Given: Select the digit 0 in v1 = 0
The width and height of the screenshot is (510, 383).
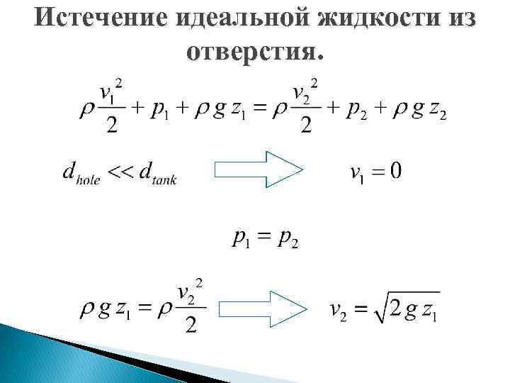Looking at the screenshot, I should [395, 171].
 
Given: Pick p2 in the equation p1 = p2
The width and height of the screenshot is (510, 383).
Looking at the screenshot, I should [287, 239].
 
